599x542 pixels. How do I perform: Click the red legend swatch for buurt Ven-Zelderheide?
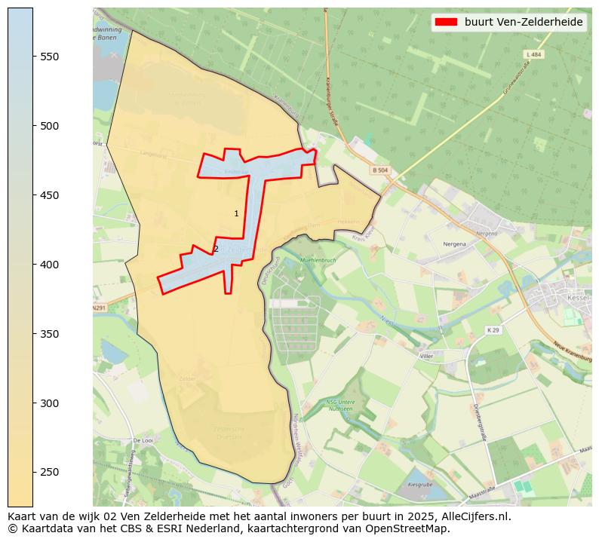(x=446, y=23)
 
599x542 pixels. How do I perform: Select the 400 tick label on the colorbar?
(x=50, y=265)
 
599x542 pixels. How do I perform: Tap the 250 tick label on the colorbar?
(x=50, y=473)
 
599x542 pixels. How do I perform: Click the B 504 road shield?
(x=379, y=170)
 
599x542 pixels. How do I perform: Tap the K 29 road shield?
(x=493, y=330)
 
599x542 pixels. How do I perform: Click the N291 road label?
(x=99, y=308)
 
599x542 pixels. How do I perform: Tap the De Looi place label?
(x=143, y=440)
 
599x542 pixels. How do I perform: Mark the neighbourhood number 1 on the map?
(x=236, y=214)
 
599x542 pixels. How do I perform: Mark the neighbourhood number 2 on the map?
(x=216, y=249)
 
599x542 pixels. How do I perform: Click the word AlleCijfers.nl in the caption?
(x=476, y=517)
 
